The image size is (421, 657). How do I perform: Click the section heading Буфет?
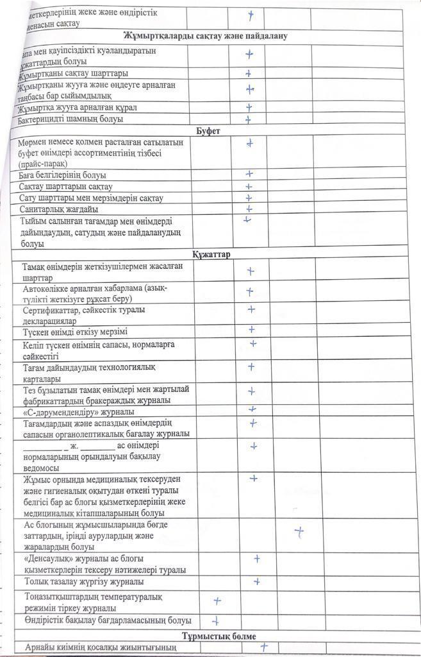209,131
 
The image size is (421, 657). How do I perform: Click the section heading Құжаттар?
212,255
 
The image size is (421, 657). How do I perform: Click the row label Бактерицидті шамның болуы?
71,119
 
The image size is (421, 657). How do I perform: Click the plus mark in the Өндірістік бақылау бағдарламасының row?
216,620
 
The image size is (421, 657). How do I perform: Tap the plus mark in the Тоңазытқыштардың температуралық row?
217,601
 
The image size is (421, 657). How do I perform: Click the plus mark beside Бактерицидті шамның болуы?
248,119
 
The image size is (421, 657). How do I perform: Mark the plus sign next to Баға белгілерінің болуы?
249,175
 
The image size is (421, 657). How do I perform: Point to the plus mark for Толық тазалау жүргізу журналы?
256,581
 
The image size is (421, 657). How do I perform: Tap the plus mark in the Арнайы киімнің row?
263,647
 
